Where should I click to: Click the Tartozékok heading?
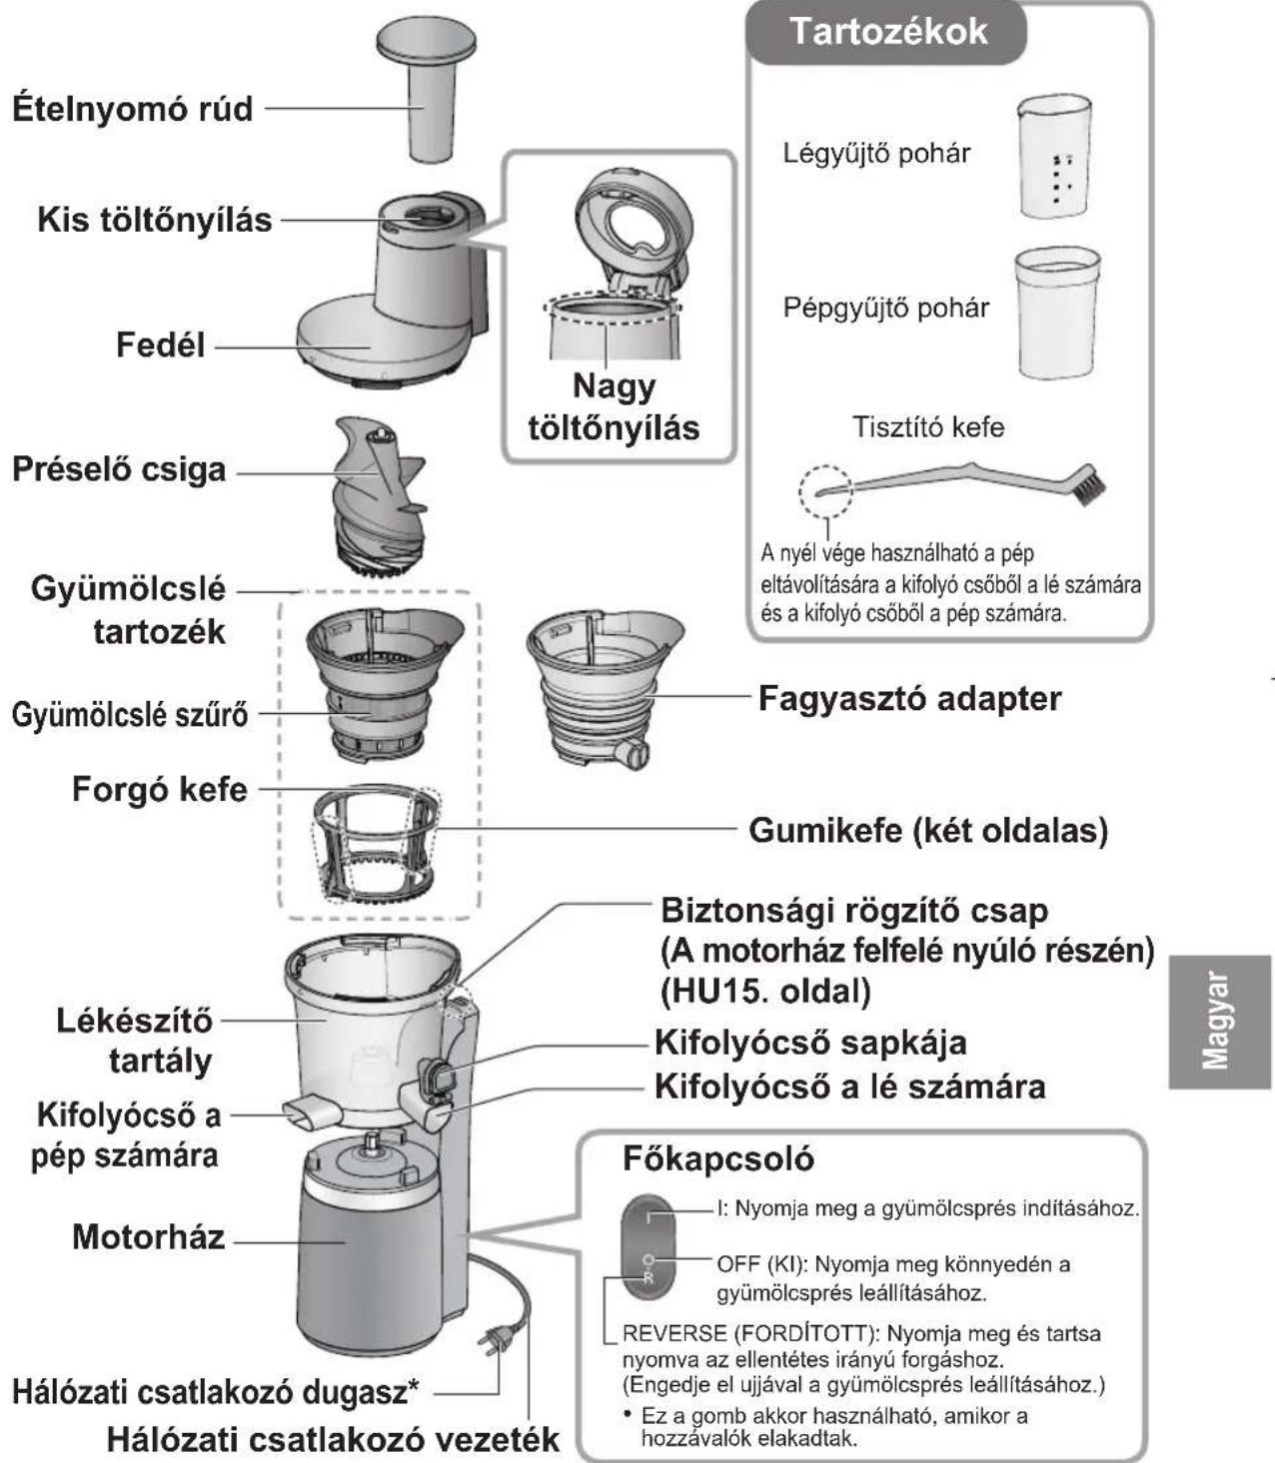click(887, 32)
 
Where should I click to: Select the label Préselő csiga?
click(119, 469)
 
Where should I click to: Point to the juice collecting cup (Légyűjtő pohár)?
click(1053, 156)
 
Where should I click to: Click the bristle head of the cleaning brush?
click(1090, 484)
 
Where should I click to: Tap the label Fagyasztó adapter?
click(908, 698)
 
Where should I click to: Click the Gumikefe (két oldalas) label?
click(927, 830)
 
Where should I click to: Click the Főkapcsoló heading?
click(717, 1158)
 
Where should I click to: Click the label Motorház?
click(148, 1236)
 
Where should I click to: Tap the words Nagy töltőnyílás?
click(614, 406)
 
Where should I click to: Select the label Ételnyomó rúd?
click(132, 108)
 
